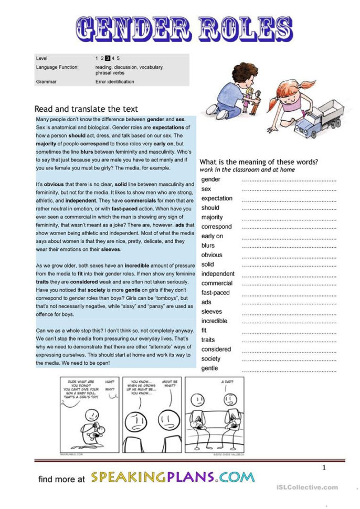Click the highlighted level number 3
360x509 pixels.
click(x=107, y=58)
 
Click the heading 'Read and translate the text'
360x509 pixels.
click(x=86, y=109)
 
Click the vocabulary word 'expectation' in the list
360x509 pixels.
click(x=217, y=198)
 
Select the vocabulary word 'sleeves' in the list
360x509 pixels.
click(x=211, y=312)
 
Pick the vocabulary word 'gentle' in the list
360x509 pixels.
click(x=210, y=368)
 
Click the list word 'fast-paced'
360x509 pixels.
click(x=216, y=293)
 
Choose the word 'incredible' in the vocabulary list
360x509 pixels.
click(x=214, y=321)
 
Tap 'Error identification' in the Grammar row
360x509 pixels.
click(x=114, y=82)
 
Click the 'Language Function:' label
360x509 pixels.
click(x=57, y=67)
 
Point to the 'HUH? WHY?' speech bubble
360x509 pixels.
click(x=109, y=386)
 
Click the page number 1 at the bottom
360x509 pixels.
click(x=324, y=468)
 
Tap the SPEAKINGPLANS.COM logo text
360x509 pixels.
click(x=173, y=478)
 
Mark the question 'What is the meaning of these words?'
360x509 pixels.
click(x=259, y=162)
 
